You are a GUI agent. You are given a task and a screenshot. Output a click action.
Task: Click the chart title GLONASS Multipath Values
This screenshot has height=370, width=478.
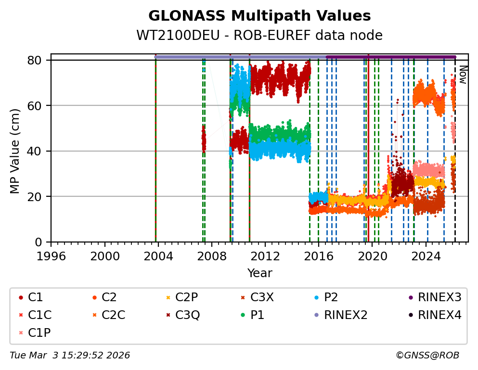[259, 16]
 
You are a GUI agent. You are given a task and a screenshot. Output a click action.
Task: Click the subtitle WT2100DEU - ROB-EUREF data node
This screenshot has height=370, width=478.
[259, 36]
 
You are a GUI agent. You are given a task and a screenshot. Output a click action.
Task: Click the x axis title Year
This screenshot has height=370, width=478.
[259, 274]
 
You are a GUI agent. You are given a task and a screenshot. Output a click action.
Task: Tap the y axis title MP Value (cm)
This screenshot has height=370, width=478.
[15, 151]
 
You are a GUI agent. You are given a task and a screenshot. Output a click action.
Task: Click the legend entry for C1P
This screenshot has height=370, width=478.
[39, 332]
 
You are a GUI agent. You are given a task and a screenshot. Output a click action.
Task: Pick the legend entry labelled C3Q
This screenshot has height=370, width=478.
[188, 315]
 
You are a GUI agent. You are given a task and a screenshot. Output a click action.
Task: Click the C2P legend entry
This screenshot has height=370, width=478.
[188, 298]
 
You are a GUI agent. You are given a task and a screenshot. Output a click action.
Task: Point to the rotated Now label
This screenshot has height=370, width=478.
[463, 75]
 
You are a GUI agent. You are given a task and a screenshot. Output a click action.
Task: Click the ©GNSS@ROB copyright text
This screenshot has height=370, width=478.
[427, 356]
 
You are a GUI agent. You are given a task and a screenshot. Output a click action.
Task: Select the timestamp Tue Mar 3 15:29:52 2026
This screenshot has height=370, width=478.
[70, 356]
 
